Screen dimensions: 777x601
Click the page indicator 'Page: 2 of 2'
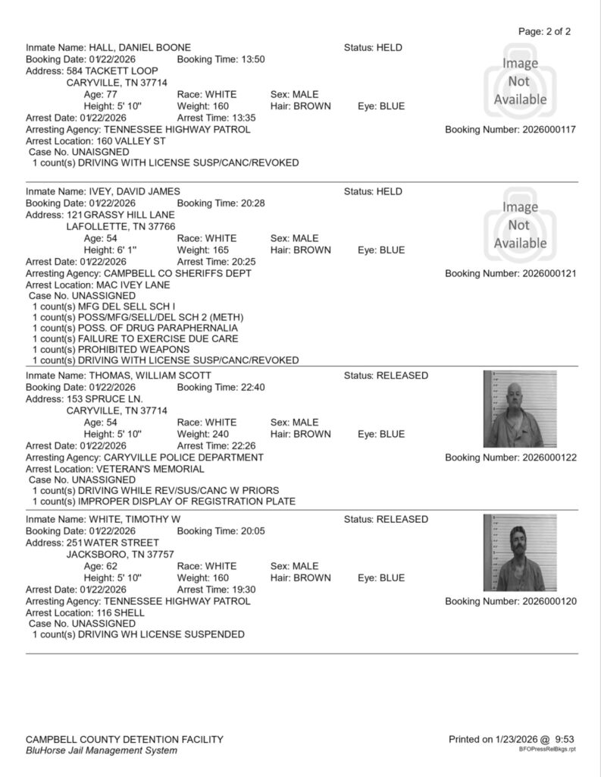click(x=544, y=32)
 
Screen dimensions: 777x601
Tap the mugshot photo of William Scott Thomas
click(x=520, y=408)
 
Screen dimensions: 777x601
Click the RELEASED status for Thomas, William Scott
click(x=402, y=376)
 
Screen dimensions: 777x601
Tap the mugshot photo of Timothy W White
click(x=520, y=552)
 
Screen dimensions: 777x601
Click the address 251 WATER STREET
click(x=112, y=543)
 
